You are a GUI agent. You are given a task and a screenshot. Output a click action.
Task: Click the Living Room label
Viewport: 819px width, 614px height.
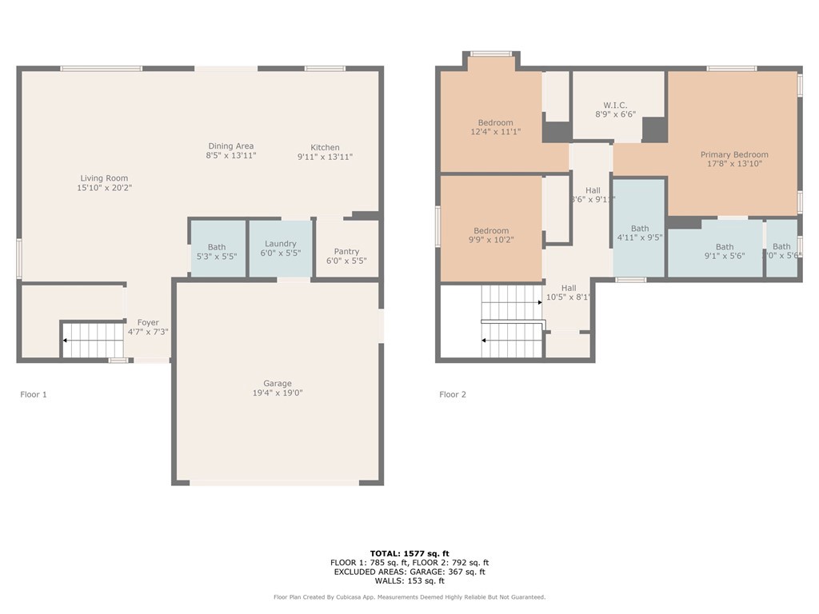pyautogui.click(x=104, y=178)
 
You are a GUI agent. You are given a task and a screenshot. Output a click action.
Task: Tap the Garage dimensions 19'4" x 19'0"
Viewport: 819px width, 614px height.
pyautogui.click(x=278, y=393)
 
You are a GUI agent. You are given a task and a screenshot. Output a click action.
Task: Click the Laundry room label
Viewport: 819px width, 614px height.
pyautogui.click(x=281, y=244)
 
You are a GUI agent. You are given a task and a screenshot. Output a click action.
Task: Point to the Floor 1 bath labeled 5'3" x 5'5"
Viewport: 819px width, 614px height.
pyautogui.click(x=217, y=253)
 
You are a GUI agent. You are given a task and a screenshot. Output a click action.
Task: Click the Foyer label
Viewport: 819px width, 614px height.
pyautogui.click(x=148, y=323)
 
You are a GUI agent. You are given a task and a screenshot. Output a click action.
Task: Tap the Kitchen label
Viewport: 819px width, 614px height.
pyautogui.click(x=325, y=147)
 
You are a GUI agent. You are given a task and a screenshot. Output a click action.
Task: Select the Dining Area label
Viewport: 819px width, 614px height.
pyautogui.click(x=231, y=146)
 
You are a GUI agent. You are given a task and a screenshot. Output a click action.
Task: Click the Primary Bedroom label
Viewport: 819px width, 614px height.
pyautogui.click(x=734, y=154)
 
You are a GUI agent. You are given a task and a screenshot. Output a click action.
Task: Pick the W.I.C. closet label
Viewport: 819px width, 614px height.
pyautogui.click(x=615, y=106)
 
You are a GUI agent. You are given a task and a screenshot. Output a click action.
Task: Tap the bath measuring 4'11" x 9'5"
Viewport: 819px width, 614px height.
pyautogui.click(x=640, y=233)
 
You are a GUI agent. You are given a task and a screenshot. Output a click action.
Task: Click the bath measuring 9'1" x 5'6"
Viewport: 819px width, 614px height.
pyautogui.click(x=725, y=252)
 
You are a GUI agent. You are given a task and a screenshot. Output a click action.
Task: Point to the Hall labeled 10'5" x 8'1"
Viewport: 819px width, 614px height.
pyautogui.click(x=569, y=293)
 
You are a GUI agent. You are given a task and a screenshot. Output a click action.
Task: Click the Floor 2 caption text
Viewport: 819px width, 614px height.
pyautogui.click(x=453, y=394)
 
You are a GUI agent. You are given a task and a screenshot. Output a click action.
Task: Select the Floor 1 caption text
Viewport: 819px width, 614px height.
pyautogui.click(x=34, y=394)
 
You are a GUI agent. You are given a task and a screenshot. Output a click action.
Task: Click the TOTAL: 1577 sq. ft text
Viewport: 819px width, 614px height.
pyautogui.click(x=409, y=553)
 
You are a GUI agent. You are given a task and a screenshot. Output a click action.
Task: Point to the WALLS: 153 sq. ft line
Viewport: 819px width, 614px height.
pyautogui.click(x=409, y=581)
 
